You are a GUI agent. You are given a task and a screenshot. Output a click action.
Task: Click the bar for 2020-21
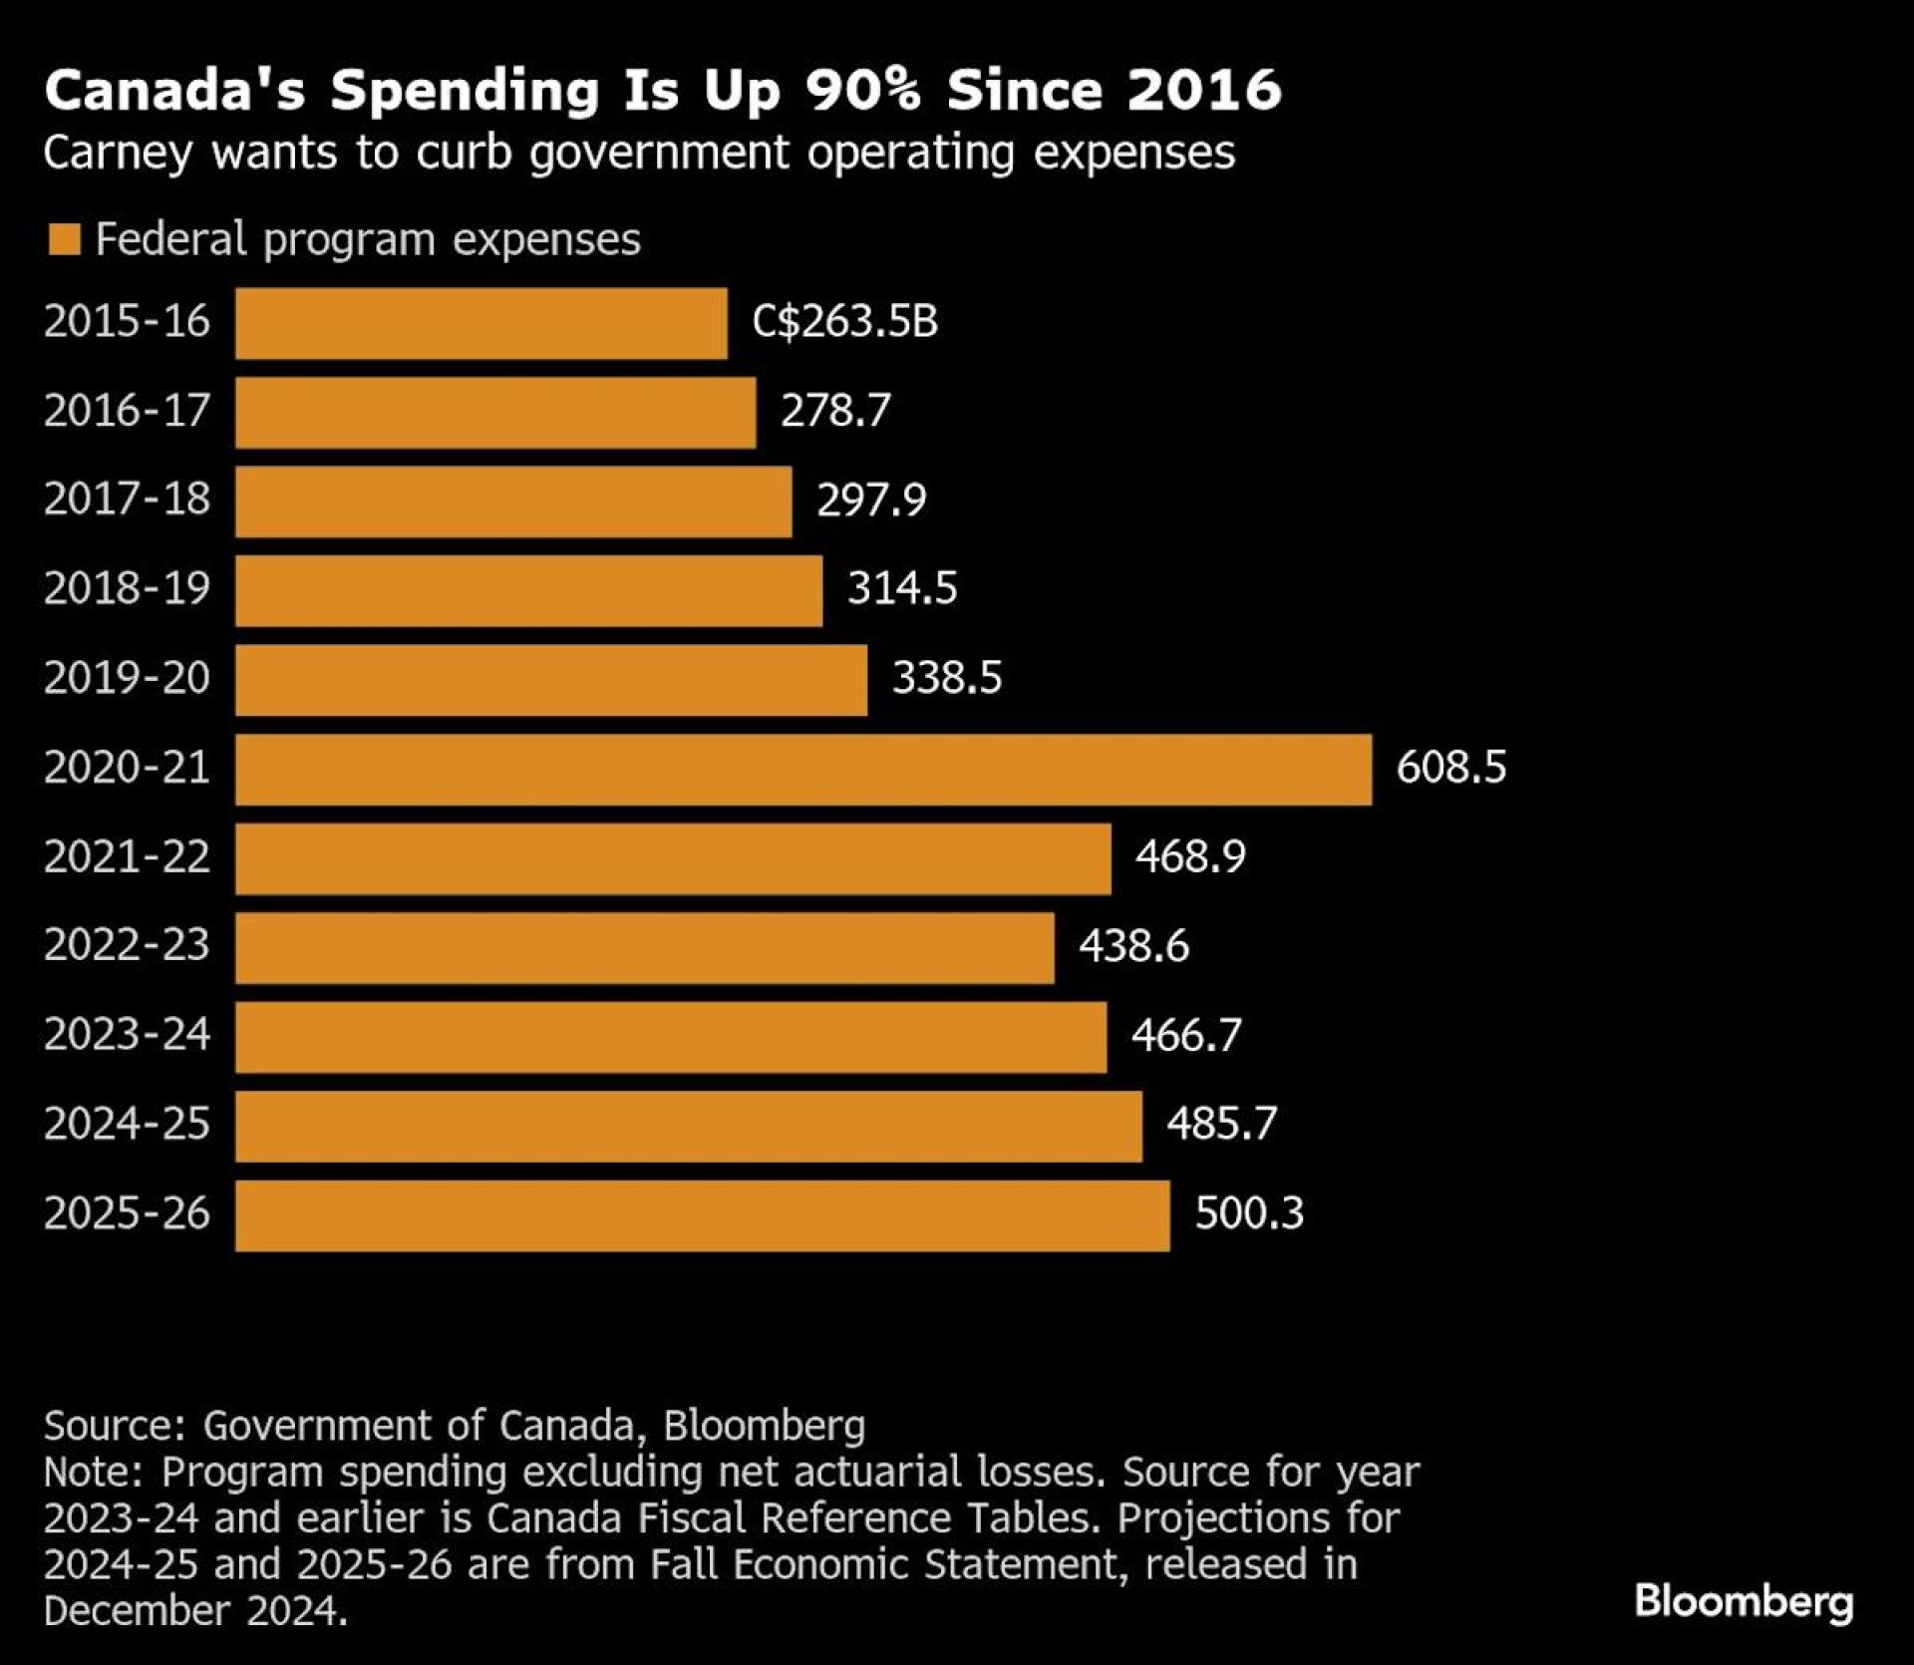[803, 769]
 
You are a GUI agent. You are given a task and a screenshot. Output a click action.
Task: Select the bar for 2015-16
[481, 323]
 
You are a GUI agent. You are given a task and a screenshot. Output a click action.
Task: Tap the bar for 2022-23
[645, 947]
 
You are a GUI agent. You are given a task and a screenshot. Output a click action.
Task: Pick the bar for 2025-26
[703, 1215]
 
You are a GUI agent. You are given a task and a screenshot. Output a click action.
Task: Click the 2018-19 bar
[529, 590]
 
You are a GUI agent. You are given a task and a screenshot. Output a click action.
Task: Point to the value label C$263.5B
[844, 322]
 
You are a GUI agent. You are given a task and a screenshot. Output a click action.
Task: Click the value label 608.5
[1450, 768]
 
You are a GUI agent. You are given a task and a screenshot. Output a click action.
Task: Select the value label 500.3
[1249, 1213]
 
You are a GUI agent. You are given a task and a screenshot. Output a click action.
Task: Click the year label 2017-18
[127, 499]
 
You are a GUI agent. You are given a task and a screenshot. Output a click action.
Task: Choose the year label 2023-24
[127, 1035]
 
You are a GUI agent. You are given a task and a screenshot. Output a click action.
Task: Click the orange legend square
[64, 240]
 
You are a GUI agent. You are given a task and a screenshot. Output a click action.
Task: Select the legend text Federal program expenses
[368, 240]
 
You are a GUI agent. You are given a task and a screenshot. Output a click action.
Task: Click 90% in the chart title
[862, 90]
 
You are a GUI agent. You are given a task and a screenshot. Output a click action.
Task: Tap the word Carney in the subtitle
[117, 154]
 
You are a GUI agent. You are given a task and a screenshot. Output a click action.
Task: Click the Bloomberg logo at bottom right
[1744, 1602]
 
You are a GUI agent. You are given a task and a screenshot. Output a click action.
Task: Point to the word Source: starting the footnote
[115, 1426]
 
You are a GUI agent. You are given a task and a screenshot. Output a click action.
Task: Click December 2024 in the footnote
[193, 1611]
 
